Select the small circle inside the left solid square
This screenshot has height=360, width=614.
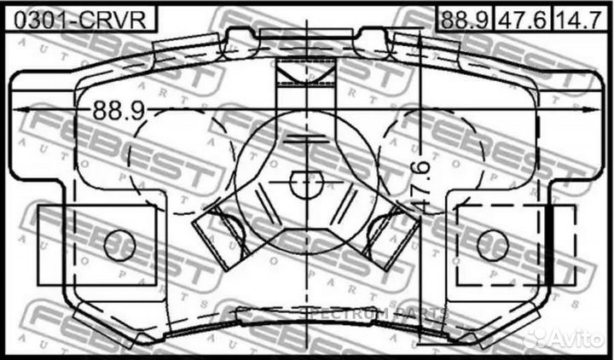coord(119,245)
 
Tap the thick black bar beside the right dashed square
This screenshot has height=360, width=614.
coord(553,242)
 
